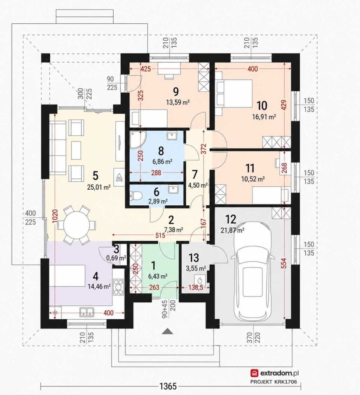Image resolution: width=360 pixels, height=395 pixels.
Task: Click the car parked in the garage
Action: coord(253,270)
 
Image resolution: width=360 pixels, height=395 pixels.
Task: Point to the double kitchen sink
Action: coord(86,312)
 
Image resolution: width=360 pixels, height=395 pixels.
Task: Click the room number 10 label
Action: coord(262,106)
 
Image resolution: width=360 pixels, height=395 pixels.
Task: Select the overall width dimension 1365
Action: coord(168,386)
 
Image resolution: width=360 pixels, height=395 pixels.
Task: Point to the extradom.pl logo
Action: coord(275,373)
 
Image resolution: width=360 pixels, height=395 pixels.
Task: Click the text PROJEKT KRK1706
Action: coord(274,382)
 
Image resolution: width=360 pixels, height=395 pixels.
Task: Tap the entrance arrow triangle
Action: coord(167,331)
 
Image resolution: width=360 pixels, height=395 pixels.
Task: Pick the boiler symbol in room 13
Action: coord(200,280)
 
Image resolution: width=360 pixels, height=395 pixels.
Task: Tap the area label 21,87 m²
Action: coord(232,230)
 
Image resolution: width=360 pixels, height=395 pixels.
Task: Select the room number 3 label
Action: coord(116,249)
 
